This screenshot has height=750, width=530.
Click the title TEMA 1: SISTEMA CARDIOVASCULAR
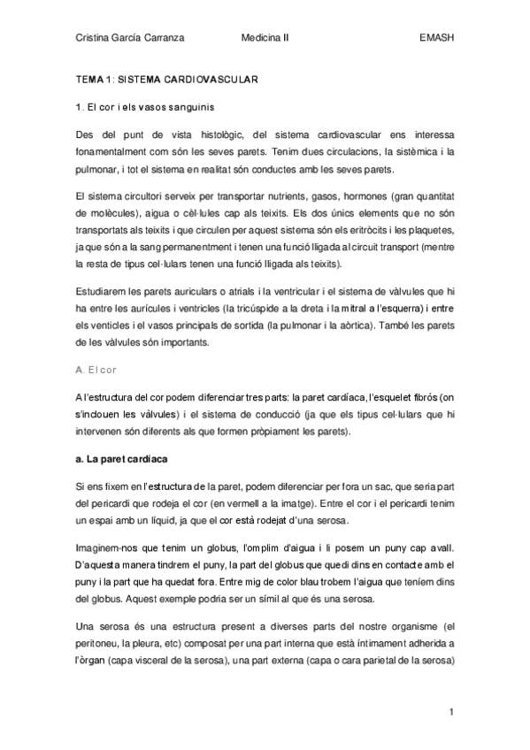click(x=167, y=80)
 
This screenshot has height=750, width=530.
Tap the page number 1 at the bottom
click(x=450, y=712)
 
